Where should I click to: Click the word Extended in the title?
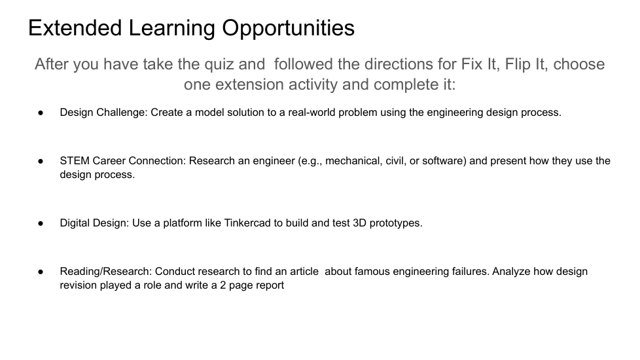point(75,27)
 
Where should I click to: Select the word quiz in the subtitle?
point(219,65)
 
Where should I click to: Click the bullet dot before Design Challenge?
point(41,113)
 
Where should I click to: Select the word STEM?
point(75,161)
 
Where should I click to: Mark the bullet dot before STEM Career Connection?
point(41,161)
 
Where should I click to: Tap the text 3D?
point(360,223)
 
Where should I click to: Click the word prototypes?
point(396,223)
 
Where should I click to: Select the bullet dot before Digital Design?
point(41,223)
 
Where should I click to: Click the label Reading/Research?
point(106,272)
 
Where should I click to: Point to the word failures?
point(471,272)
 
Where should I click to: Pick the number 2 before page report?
point(223,285)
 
